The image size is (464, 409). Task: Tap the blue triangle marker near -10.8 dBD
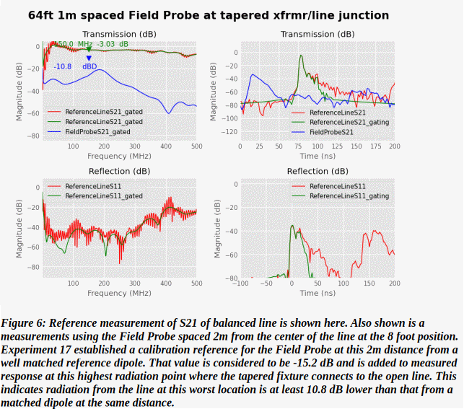(x=89, y=58)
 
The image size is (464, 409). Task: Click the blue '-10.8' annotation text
(x=63, y=66)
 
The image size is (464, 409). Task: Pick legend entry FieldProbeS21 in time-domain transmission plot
(x=331, y=132)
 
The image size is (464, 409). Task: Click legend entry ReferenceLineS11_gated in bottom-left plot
(x=103, y=195)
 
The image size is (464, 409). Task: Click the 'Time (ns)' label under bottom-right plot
(x=318, y=293)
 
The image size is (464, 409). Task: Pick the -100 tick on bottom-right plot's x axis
(x=240, y=283)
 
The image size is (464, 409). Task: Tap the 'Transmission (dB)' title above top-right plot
(x=318, y=34)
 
